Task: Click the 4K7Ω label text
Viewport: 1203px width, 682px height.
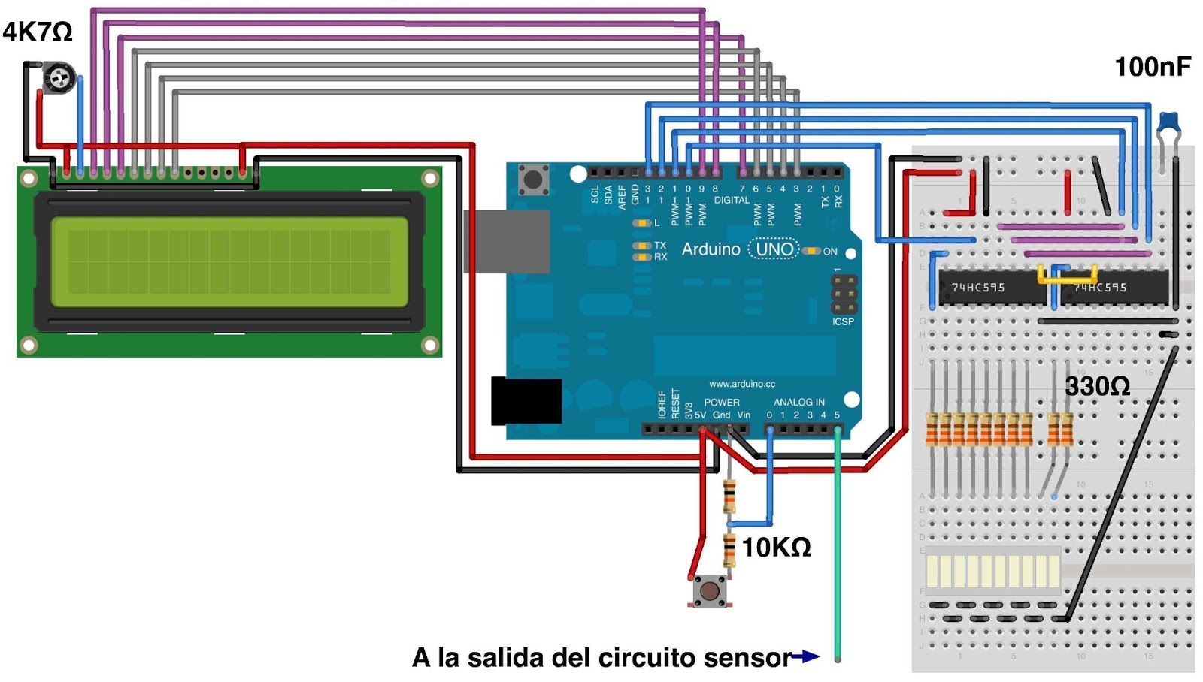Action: tap(38, 32)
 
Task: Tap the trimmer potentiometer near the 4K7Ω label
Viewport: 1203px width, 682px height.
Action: tap(59, 77)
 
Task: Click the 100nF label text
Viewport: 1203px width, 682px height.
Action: tap(1152, 67)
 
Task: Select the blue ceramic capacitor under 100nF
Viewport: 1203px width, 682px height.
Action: tap(1169, 122)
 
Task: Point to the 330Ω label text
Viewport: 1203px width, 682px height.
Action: tap(1097, 386)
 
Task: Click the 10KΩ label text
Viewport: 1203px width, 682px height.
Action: tap(776, 547)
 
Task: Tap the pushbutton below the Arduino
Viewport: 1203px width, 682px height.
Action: tap(709, 590)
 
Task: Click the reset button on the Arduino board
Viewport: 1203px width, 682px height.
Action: tap(533, 179)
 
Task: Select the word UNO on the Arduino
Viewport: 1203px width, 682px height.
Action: tap(774, 249)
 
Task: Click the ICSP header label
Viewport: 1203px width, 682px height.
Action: tap(843, 321)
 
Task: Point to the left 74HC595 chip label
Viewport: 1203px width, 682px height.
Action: tap(977, 288)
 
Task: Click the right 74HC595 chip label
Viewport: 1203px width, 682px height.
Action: tap(1099, 288)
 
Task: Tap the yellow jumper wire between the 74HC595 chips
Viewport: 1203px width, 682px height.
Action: tap(1068, 276)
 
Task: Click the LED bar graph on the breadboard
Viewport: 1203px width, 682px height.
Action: tap(992, 571)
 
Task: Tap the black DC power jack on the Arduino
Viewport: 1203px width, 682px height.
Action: tap(526, 401)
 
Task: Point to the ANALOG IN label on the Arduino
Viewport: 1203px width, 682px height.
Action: tap(798, 402)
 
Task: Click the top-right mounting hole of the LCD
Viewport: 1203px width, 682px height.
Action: tap(430, 179)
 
